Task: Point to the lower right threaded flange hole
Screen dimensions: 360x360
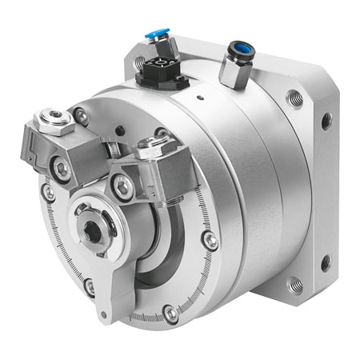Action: click(295, 284)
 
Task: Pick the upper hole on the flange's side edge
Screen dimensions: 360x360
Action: click(326, 121)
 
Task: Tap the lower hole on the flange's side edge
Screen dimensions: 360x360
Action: click(326, 262)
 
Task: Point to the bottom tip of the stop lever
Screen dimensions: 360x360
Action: click(102, 317)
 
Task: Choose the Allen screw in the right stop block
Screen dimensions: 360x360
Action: click(122, 187)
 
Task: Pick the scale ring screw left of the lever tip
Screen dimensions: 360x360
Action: click(90, 286)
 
